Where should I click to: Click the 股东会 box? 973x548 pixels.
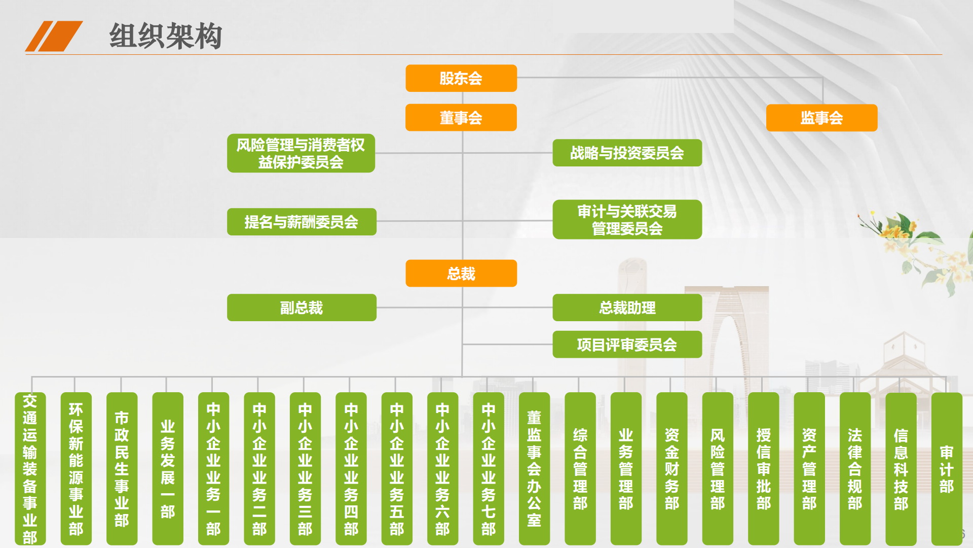coord(461,78)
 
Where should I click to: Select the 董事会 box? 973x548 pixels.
coord(461,118)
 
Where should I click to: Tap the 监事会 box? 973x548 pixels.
coord(821,118)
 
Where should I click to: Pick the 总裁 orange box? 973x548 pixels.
coord(461,273)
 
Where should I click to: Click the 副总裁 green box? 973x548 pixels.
coord(302,307)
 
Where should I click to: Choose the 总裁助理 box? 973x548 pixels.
coord(627,307)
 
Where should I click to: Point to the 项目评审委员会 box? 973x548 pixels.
coord(627,345)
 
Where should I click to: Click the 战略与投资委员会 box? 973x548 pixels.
coord(627,153)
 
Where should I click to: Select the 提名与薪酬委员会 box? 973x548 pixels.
coord(302,222)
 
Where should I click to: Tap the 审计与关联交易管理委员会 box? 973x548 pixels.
coord(627,219)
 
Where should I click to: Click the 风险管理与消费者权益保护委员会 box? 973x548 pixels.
coord(301,153)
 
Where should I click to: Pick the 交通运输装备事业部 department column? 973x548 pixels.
coord(30,469)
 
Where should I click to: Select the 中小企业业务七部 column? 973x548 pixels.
coord(489,469)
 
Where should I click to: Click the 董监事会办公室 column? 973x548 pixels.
coord(534,469)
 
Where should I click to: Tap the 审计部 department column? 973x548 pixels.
coord(947,469)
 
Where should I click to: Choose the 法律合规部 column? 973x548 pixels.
coord(855,469)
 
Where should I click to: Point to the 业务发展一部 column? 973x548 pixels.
coord(168,469)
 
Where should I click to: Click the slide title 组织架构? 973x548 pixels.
coord(166,36)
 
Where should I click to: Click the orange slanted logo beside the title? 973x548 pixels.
coord(54,36)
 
